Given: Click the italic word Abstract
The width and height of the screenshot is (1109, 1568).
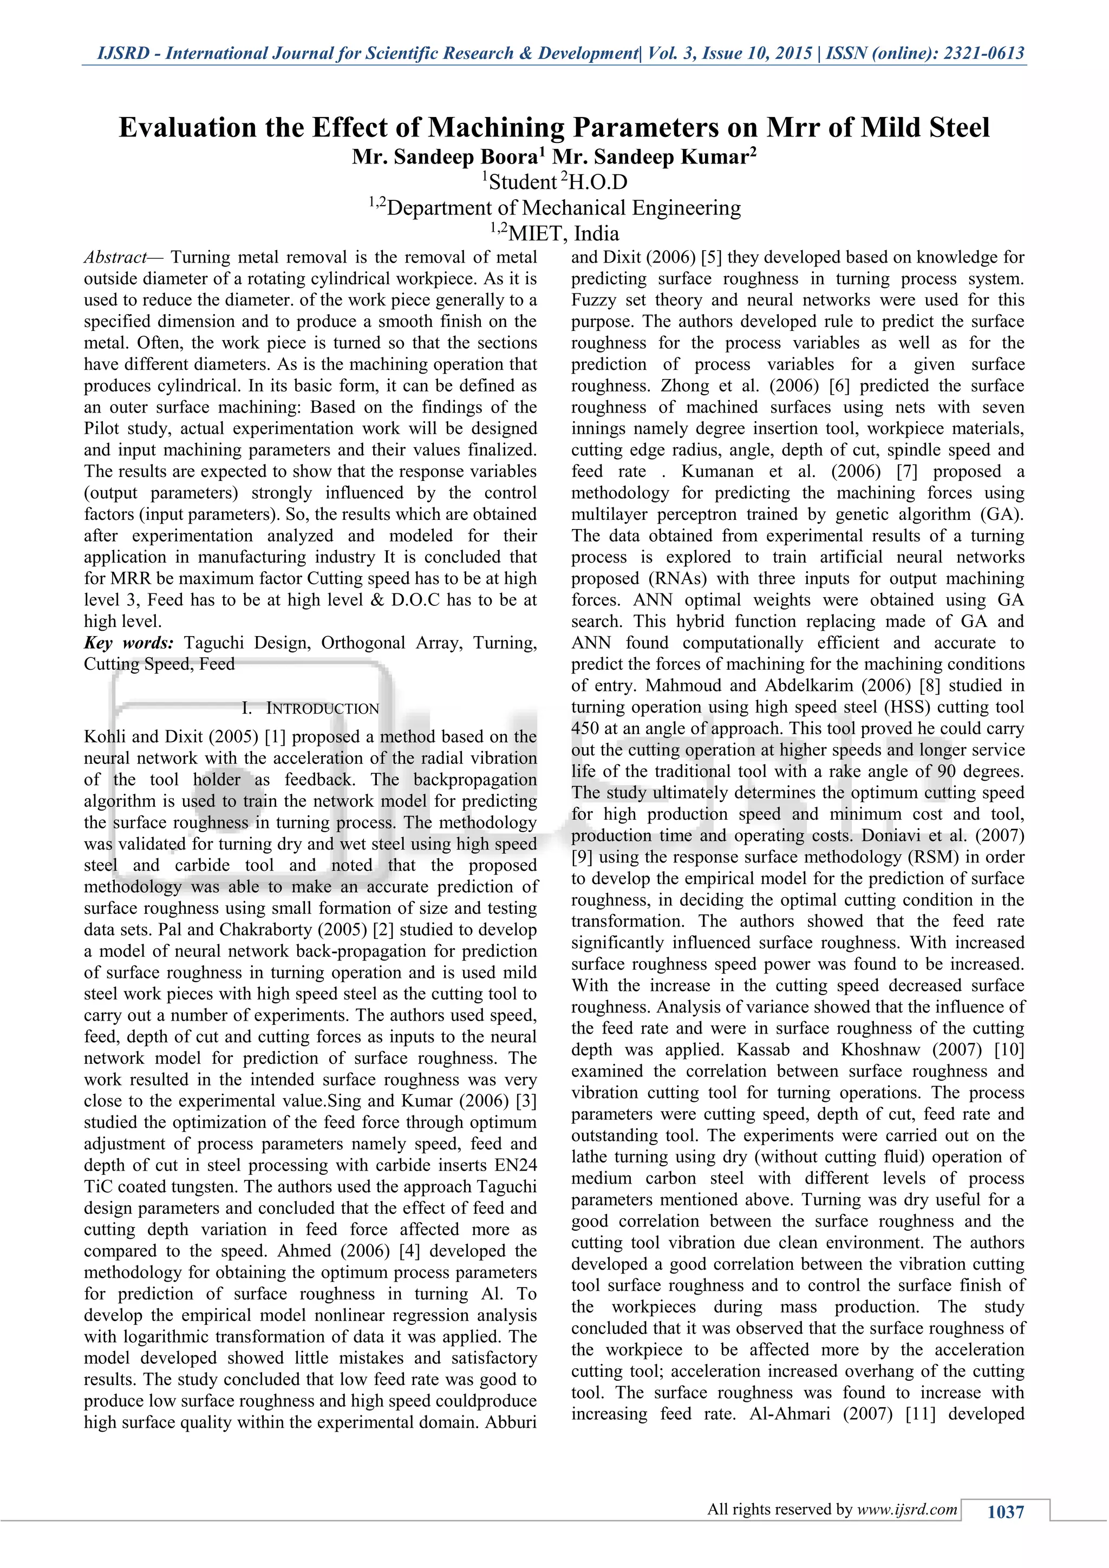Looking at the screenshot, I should click(x=115, y=258).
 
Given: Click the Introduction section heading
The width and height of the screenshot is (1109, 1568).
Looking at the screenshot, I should click(x=322, y=709).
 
